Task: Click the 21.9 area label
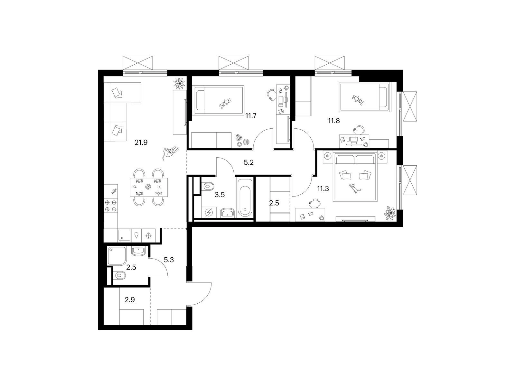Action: pos(141,142)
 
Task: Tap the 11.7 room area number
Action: pos(251,116)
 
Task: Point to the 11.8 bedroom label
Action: pos(334,121)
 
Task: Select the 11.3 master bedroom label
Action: pos(323,188)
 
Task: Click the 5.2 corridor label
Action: pos(249,162)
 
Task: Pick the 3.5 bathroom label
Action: pos(220,195)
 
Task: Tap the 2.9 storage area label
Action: pos(130,299)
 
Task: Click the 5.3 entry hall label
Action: pos(169,260)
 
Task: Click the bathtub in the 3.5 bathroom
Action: pos(245,198)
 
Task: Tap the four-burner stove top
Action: pos(111,206)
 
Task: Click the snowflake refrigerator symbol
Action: pos(148,235)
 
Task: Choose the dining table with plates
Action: pos(149,187)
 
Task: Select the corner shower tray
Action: pos(117,255)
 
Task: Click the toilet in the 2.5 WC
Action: pos(120,276)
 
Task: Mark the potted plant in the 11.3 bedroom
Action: pos(390,213)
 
